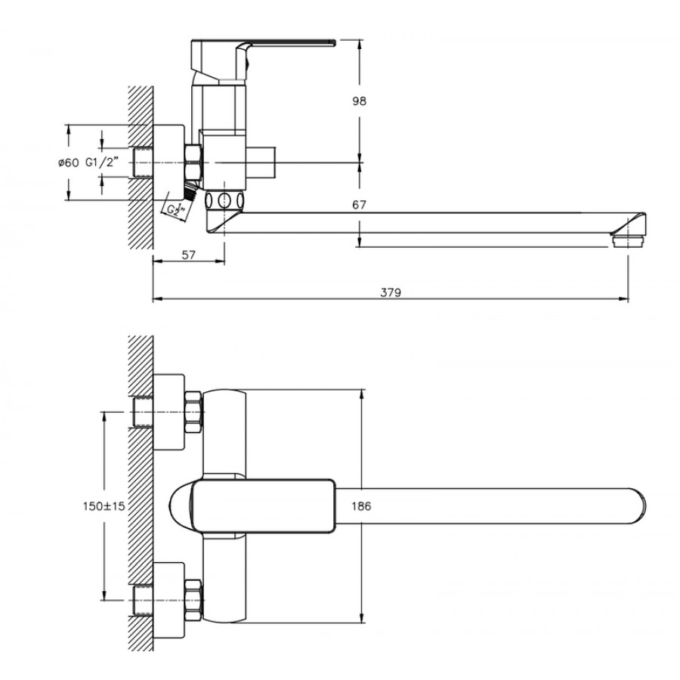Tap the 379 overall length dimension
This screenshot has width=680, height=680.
[391, 292]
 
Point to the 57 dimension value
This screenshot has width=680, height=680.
[188, 255]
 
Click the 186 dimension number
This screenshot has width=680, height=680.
[361, 507]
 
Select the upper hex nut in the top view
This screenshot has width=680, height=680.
[193, 412]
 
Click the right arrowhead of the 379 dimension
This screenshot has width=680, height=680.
[625, 300]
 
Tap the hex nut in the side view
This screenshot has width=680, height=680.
[193, 161]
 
